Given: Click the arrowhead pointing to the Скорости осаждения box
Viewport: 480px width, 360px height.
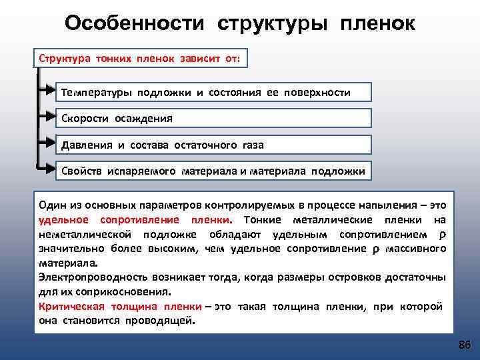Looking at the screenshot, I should point(49,118).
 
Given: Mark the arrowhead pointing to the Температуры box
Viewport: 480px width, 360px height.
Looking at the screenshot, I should point(49,92).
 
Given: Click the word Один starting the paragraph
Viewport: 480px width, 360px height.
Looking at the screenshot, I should point(52,206).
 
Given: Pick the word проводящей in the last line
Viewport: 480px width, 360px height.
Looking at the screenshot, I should point(165,320).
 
